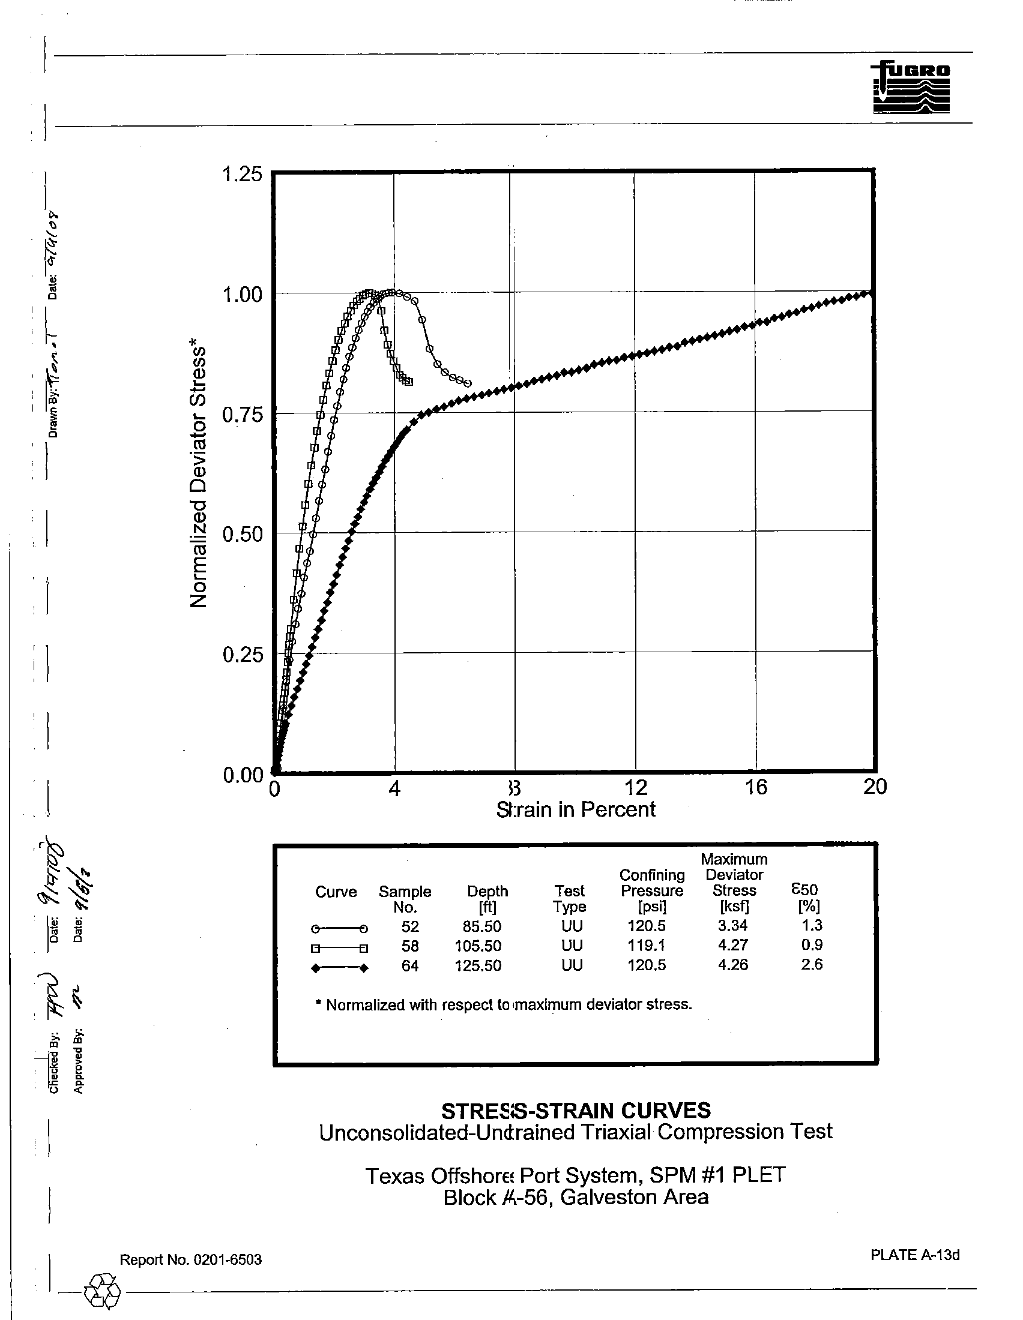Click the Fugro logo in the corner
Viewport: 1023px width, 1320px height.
point(911,88)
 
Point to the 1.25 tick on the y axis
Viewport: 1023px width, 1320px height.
point(243,175)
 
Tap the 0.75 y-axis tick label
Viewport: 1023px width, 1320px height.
point(243,415)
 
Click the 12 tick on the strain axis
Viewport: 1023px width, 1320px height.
point(635,788)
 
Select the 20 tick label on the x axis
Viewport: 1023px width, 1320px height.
point(875,787)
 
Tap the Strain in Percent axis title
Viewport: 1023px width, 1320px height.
point(576,809)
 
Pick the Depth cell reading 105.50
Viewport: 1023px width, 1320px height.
point(478,946)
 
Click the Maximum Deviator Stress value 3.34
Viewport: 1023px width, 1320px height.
point(733,925)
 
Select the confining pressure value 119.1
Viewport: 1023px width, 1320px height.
point(647,945)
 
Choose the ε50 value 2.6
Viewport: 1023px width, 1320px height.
point(812,964)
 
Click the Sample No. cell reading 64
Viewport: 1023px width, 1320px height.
point(409,966)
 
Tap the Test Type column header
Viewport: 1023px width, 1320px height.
point(570,899)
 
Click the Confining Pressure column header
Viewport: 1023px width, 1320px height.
point(652,891)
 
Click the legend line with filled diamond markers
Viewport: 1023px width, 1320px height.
point(339,968)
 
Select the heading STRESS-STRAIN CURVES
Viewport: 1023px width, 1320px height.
point(576,1111)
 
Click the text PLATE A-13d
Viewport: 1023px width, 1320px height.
point(915,1255)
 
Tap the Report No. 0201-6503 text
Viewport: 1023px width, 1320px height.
point(190,1259)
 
